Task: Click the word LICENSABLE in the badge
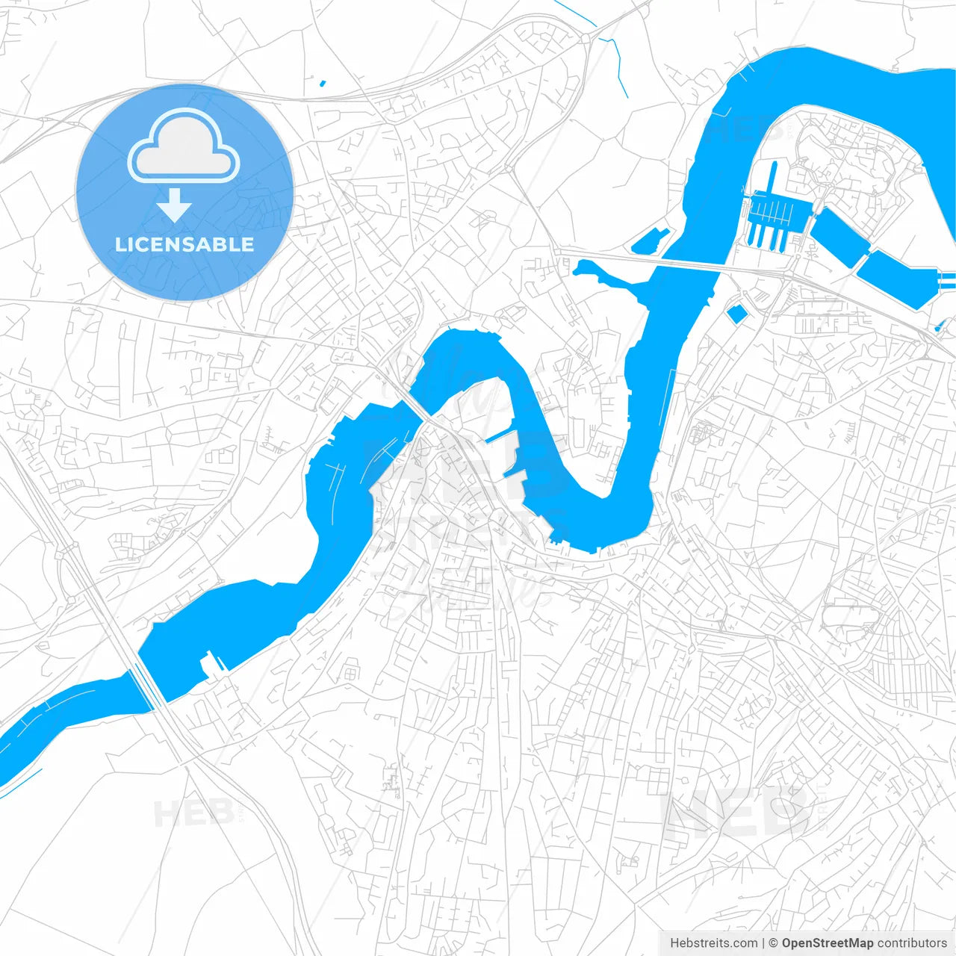(x=184, y=244)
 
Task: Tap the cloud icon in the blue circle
(x=184, y=146)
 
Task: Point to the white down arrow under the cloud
(x=175, y=205)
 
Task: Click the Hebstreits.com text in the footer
(x=713, y=943)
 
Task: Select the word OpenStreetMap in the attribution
(x=827, y=943)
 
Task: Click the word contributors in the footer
(x=912, y=943)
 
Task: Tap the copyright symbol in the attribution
(x=773, y=943)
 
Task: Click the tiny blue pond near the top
(x=322, y=83)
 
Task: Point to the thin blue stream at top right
(x=618, y=63)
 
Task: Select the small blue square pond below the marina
(x=736, y=314)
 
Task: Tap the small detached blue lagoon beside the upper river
(x=649, y=240)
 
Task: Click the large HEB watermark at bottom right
(x=736, y=814)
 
